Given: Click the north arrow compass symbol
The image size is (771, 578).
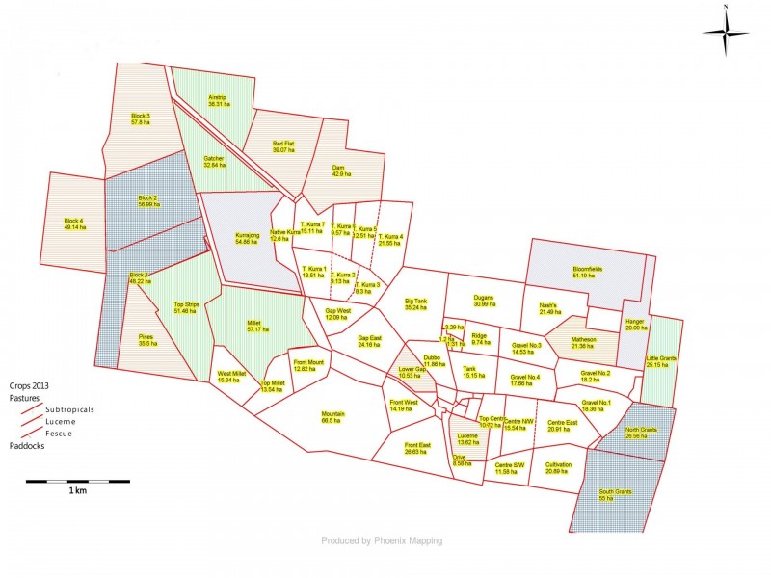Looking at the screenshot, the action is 725,33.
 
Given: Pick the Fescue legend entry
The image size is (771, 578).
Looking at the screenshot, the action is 56,433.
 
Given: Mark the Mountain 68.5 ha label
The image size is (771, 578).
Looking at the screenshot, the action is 332,417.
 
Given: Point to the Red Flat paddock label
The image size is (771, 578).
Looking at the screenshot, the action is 282,145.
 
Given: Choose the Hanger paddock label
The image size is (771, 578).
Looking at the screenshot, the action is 634,324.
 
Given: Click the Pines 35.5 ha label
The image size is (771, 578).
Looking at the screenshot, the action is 146,339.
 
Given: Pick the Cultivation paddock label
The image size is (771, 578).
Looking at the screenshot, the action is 558,468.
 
